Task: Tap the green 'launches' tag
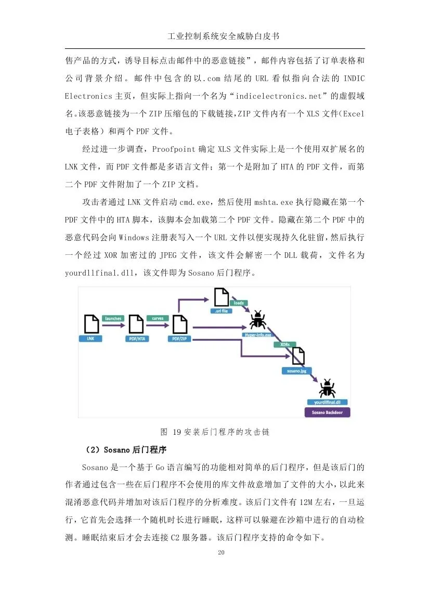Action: click(x=113, y=318)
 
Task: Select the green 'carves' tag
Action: click(x=157, y=318)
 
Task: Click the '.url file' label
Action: click(x=221, y=311)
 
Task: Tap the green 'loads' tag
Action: click(x=238, y=303)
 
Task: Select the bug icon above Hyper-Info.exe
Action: click(x=257, y=320)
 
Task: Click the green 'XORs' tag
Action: click(x=284, y=344)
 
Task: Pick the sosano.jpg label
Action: click(x=298, y=371)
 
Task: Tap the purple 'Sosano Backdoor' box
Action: click(x=327, y=412)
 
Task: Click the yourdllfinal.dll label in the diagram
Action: click(x=327, y=402)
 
